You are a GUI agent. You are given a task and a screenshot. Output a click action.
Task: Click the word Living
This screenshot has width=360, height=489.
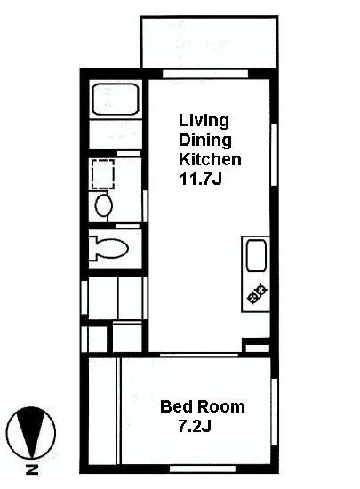tap(204, 121)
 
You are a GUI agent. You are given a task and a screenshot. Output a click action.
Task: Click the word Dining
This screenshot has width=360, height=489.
tap(205, 140)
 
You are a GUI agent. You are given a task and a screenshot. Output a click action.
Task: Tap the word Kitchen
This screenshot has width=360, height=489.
tap(210, 159)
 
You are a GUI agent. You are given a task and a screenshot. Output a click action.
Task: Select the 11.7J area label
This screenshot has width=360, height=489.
tap(200, 179)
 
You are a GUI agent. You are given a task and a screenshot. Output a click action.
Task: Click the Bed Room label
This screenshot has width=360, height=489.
tap(203, 406)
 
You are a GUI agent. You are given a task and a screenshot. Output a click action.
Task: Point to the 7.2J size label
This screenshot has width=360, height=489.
tap(195, 426)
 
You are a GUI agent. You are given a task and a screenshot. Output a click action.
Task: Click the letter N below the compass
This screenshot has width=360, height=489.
tap(32, 469)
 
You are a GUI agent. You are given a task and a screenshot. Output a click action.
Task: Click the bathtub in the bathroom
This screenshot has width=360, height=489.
tap(116, 100)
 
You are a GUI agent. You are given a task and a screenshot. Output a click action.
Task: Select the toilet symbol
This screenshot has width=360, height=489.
tap(108, 249)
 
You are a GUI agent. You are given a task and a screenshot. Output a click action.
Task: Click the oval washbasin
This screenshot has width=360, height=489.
tap(104, 205)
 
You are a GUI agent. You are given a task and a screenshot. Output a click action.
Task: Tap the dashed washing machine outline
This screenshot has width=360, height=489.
tap(103, 174)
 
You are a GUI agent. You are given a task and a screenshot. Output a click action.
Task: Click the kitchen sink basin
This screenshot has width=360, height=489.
tap(257, 255)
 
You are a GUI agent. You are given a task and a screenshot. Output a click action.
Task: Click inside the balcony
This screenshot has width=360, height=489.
tap(209, 42)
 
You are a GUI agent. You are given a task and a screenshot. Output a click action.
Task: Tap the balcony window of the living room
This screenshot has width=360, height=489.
tap(205, 74)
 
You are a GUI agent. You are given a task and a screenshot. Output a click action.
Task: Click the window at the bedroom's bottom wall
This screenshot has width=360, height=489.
tap(203, 469)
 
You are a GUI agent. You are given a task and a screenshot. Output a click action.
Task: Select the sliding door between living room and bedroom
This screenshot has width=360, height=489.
tap(199, 355)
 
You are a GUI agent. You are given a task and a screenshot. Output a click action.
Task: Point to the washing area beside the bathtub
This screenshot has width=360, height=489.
tap(116, 134)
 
